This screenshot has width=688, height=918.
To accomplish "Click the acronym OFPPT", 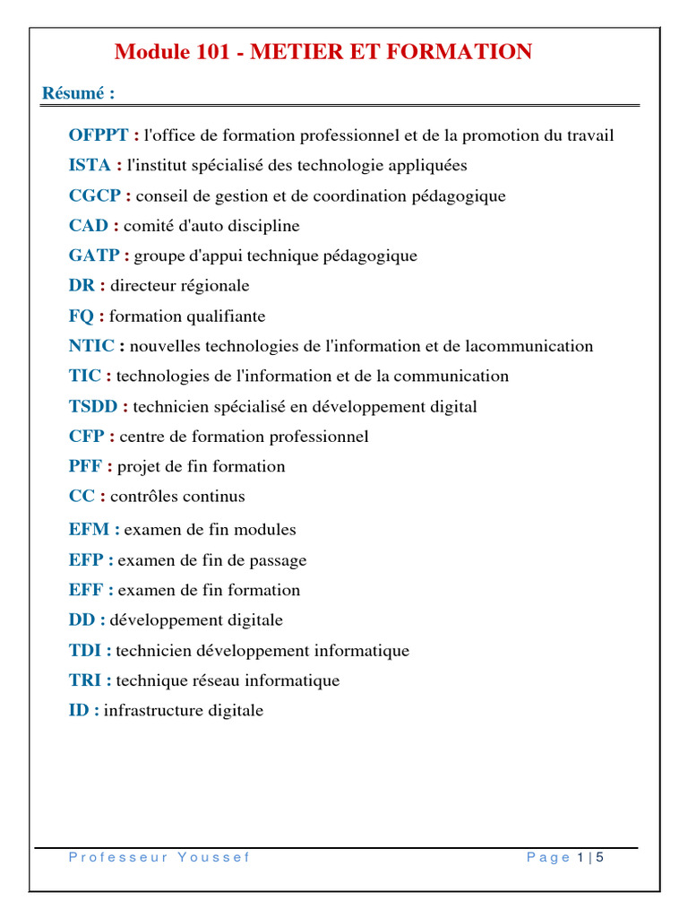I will (99, 135).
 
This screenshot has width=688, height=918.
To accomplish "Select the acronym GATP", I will (94, 255).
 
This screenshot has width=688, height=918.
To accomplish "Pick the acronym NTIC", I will (91, 346).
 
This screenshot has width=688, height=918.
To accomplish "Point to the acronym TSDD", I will (93, 406).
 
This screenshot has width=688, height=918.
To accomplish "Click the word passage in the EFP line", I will (275, 560).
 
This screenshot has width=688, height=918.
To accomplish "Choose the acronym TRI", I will (85, 680).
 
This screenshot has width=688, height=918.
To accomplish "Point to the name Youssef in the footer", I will (214, 858).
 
